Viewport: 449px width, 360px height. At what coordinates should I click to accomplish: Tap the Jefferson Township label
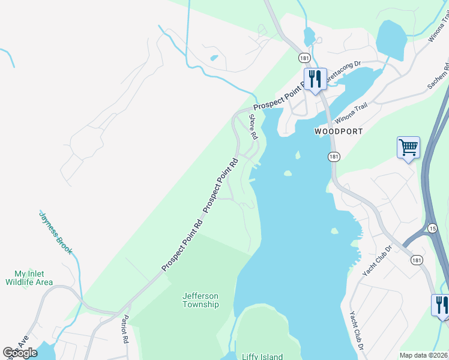tap(200, 300)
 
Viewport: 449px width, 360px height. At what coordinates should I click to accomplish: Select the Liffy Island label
tap(262, 357)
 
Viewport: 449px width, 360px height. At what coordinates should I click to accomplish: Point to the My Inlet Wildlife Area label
tap(29, 278)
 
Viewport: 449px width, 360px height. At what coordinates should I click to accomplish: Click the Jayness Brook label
tap(55, 232)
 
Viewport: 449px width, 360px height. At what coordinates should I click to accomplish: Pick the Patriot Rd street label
tap(125, 329)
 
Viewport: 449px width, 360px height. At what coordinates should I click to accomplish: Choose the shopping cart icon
tap(408, 147)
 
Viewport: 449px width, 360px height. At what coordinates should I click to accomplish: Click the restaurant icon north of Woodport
tap(315, 79)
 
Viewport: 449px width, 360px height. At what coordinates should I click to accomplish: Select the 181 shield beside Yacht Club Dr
tap(416, 259)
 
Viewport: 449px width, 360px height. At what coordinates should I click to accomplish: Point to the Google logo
tap(20, 352)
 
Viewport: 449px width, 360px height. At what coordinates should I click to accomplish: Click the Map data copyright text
tap(424, 355)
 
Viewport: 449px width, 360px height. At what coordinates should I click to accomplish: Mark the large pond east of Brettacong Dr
tap(390, 39)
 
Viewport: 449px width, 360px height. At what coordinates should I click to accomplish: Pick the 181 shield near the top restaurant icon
tap(304, 58)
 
